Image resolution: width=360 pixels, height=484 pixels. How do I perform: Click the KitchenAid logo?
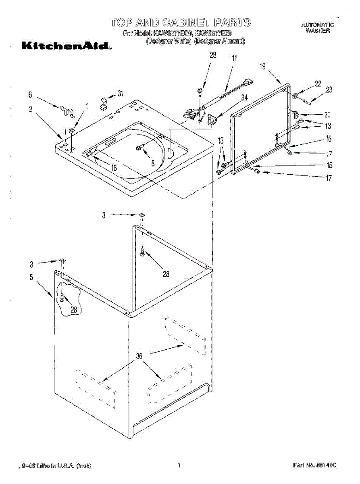click(66, 46)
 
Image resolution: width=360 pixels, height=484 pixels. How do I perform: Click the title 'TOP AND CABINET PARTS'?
click(180, 22)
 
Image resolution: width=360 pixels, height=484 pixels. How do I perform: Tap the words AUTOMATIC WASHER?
click(317, 27)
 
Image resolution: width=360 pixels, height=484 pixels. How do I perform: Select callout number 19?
click(263, 67)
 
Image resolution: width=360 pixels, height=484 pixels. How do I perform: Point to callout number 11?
click(234, 58)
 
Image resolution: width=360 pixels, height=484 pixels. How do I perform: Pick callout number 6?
click(30, 95)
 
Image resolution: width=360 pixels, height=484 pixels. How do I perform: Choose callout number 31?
click(120, 93)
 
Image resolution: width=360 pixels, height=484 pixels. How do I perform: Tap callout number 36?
click(139, 356)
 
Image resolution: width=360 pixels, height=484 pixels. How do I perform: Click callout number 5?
click(31, 277)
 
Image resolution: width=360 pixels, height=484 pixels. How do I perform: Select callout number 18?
click(114, 168)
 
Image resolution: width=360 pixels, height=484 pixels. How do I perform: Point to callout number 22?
click(318, 83)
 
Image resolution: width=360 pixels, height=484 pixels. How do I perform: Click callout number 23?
click(329, 90)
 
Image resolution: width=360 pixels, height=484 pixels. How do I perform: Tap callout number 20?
click(327, 114)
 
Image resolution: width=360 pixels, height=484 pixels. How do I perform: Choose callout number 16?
click(329, 139)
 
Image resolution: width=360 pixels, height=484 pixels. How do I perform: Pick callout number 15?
click(329, 165)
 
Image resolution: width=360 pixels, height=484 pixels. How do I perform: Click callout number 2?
click(31, 109)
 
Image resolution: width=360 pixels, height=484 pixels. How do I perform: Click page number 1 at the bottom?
click(179, 465)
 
